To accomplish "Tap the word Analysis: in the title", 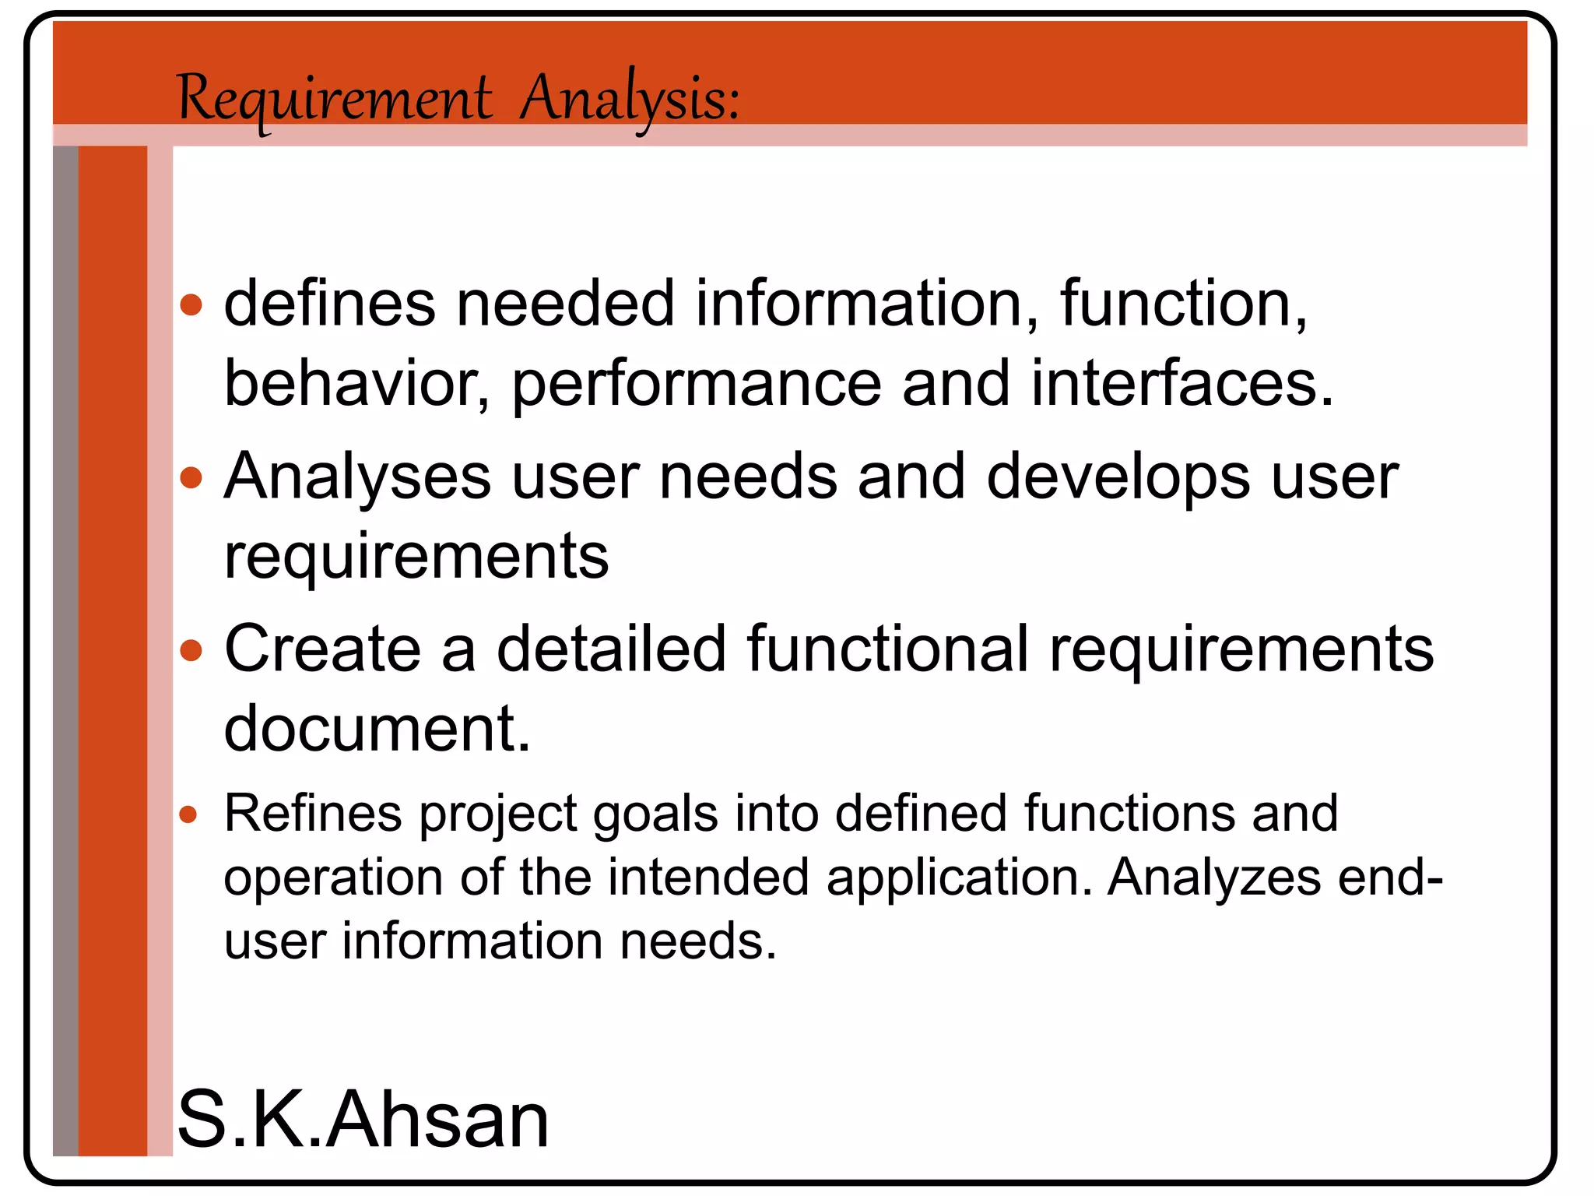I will (x=629, y=100).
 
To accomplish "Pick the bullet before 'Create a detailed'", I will (x=191, y=649).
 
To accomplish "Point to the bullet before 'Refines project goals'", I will (x=188, y=815).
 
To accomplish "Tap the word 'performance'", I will (x=697, y=384).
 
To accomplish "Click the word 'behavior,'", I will (x=357, y=384).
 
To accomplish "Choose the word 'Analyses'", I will (x=358, y=477).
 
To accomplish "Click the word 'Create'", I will (x=323, y=649).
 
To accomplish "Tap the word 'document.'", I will (x=377, y=729).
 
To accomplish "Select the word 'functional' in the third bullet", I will (x=888, y=649).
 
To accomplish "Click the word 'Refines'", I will (x=312, y=814).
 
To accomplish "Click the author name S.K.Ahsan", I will (x=363, y=1120).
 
